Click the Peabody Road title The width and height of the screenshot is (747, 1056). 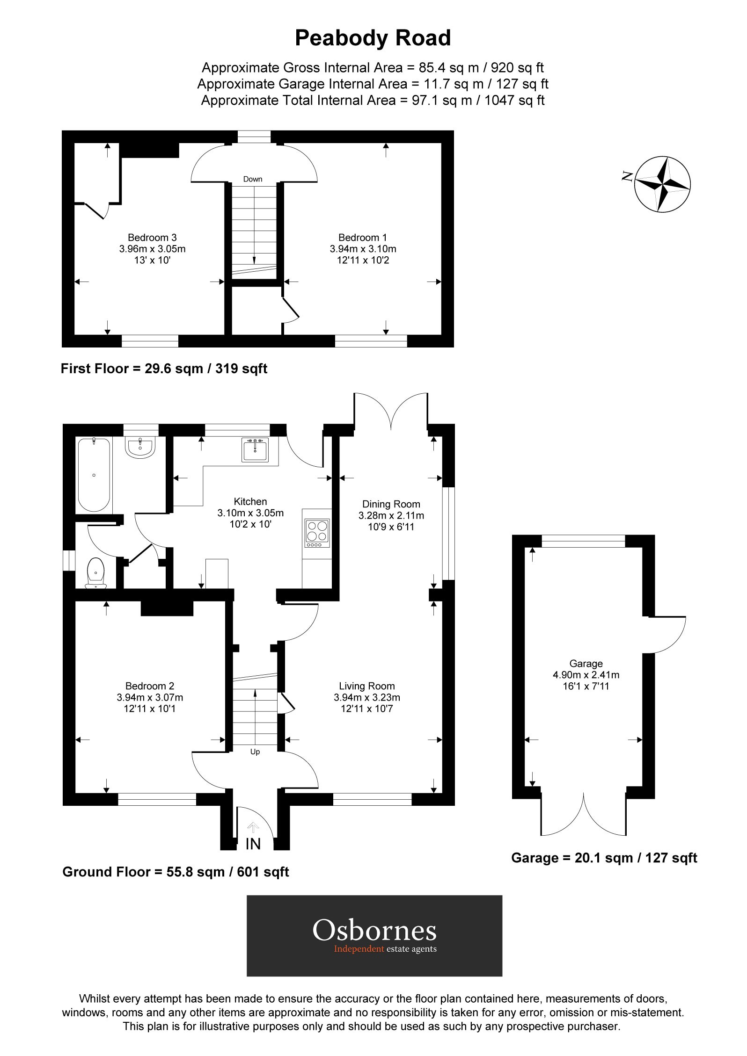coord(373,38)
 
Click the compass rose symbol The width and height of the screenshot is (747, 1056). coord(662,184)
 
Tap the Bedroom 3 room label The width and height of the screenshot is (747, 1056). coord(152,238)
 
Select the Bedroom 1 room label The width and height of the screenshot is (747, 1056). coord(363,238)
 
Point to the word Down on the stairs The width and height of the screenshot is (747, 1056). coord(253,179)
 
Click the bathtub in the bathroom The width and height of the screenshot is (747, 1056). coord(94,475)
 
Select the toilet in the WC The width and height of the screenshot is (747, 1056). coord(96,572)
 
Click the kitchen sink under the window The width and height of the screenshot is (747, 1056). coord(255,450)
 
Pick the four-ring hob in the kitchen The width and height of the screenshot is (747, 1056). coord(317,533)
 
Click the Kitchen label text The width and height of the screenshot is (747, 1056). coord(250,502)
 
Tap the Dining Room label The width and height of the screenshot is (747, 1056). coord(391,504)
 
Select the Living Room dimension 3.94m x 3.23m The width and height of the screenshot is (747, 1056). coord(367,697)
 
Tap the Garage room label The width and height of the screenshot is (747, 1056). coord(586,664)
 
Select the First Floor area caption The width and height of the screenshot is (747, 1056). coord(164,369)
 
